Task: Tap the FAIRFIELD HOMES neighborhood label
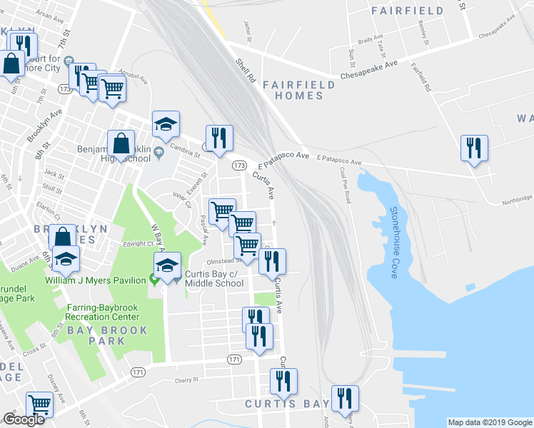click(x=298, y=90)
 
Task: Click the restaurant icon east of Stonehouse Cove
click(x=474, y=148)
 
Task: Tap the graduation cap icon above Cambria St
click(x=166, y=124)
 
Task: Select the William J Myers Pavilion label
click(x=96, y=280)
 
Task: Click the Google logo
click(x=24, y=419)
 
